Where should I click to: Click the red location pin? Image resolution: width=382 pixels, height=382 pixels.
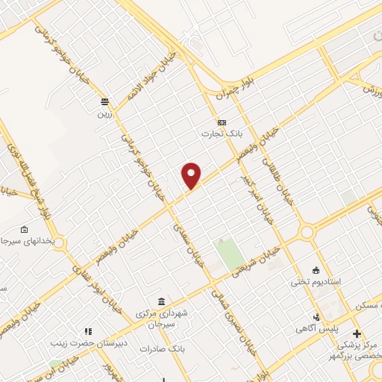(192, 175)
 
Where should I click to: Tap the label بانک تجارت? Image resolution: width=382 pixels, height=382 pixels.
(222, 134)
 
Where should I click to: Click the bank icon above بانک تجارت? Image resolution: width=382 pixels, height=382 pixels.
(222, 122)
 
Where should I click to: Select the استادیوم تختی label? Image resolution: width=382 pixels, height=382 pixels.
(316, 284)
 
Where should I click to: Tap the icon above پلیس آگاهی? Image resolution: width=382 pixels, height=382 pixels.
(316, 316)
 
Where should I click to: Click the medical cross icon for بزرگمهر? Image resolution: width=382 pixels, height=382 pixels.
(357, 333)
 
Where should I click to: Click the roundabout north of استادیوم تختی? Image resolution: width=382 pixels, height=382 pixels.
(307, 233)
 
